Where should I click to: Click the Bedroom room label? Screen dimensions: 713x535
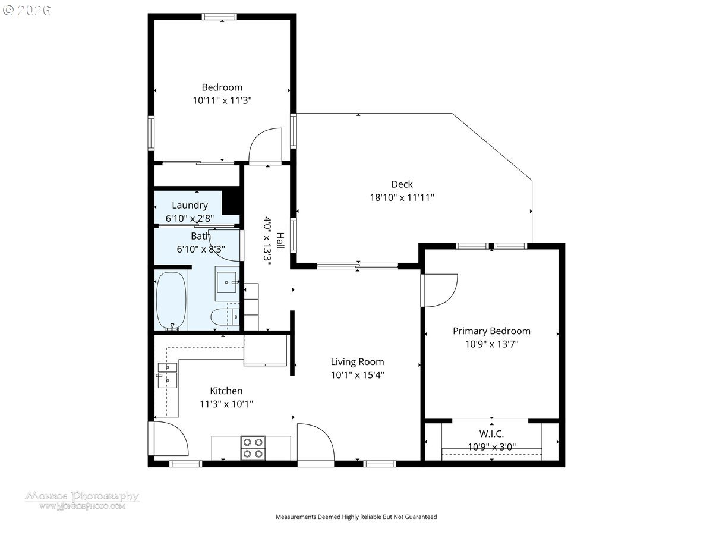click(x=222, y=87)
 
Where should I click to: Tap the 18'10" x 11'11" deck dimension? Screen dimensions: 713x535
click(x=402, y=197)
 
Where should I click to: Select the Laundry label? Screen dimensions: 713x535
click(x=190, y=206)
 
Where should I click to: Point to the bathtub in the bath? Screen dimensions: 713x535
click(x=172, y=301)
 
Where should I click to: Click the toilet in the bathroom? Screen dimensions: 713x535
click(x=224, y=316)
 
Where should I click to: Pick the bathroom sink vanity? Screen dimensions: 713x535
click(x=227, y=284)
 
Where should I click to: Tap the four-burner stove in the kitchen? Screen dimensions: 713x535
click(x=253, y=448)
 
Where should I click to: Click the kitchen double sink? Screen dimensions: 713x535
click(x=168, y=376)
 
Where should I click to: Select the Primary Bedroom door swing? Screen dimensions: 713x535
click(x=439, y=291)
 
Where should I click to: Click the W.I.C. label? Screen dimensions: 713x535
click(x=491, y=434)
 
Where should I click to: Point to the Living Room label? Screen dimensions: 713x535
click(x=357, y=362)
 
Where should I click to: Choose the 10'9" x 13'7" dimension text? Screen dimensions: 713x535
click(x=491, y=344)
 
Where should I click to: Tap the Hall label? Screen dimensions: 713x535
click(x=280, y=241)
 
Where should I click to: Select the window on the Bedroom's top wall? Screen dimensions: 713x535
click(x=219, y=17)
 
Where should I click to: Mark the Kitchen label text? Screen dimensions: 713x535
click(x=226, y=391)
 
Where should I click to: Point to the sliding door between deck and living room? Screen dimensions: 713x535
click(x=357, y=266)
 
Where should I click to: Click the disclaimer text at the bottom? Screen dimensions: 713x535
click(x=356, y=517)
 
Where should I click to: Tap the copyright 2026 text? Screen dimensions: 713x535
click(x=27, y=10)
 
